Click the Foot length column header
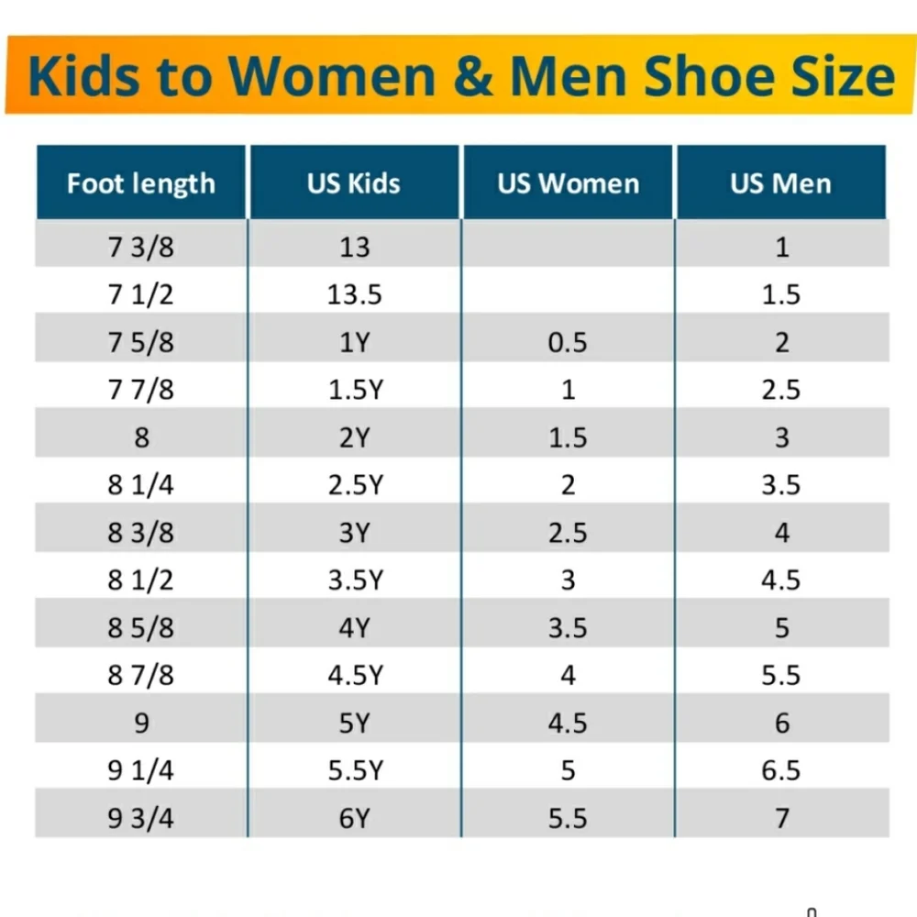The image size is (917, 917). pyautogui.click(x=141, y=183)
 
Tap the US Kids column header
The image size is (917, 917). pyautogui.click(x=354, y=183)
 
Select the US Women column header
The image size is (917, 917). pyautogui.click(x=568, y=183)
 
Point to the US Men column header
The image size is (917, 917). pyautogui.click(x=780, y=183)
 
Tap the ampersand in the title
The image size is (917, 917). pyautogui.click(x=472, y=76)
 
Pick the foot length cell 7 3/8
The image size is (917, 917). pyautogui.click(x=141, y=247)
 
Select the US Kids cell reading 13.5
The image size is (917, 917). pyautogui.click(x=354, y=294)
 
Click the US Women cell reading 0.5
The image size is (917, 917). pyautogui.click(x=568, y=342)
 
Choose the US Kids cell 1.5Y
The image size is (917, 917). pyautogui.click(x=356, y=390)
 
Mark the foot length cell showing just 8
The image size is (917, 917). pyautogui.click(x=141, y=437)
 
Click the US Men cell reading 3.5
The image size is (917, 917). pyautogui.click(x=780, y=485)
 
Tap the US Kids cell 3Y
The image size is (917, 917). pyautogui.click(x=354, y=533)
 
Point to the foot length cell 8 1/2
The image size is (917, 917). pyautogui.click(x=141, y=580)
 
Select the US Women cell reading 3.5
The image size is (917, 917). pyautogui.click(x=568, y=628)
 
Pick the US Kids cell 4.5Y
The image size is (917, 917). pyautogui.click(x=356, y=676)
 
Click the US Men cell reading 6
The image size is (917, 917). pyautogui.click(x=782, y=724)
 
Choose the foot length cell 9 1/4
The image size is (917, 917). pyautogui.click(x=141, y=771)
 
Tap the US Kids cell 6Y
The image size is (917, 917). pyautogui.click(x=354, y=818)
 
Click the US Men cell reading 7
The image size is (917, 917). pyautogui.click(x=782, y=818)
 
